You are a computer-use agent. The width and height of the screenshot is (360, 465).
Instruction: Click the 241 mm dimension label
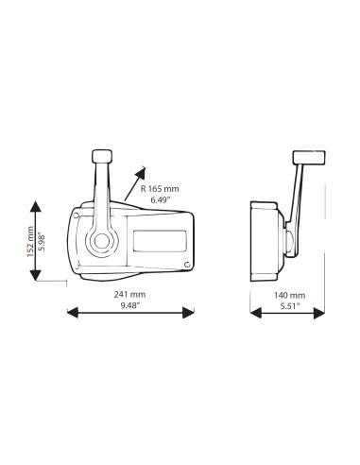point(129,295)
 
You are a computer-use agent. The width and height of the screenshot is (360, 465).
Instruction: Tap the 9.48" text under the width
point(130,305)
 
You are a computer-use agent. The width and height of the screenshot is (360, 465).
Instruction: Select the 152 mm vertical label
point(30,241)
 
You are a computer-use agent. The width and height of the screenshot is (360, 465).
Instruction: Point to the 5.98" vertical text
point(42,242)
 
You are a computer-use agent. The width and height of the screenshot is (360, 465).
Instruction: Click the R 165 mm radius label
point(160,189)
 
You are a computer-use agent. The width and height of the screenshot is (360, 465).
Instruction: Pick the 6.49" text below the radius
point(161,199)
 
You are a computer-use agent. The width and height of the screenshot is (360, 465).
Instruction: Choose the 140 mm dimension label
point(289,295)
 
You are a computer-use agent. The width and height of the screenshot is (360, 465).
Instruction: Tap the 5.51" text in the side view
point(290,306)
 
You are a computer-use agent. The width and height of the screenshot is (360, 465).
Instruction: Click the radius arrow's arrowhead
point(141,173)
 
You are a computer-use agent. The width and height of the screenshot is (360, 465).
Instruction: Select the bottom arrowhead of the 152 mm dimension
point(35,275)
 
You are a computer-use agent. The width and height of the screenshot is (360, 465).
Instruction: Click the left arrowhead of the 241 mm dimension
point(73,313)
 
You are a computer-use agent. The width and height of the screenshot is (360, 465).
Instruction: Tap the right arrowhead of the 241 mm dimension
point(188,313)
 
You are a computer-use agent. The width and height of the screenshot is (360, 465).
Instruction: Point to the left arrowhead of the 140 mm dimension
point(256,313)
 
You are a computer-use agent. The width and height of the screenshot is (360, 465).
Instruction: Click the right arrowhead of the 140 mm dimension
point(319,313)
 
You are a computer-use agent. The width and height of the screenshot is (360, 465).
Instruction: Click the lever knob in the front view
point(102,156)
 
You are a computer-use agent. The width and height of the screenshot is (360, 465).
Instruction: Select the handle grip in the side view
point(309,158)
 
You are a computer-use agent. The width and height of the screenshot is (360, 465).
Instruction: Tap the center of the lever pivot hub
point(102,242)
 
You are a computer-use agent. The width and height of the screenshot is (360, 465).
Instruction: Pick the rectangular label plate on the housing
point(160,241)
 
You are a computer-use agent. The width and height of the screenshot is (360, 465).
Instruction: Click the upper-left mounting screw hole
point(76,215)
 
